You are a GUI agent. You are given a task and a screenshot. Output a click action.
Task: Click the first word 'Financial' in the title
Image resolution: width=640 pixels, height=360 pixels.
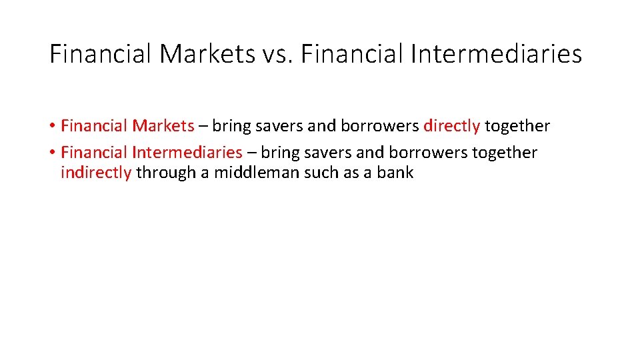click(x=101, y=54)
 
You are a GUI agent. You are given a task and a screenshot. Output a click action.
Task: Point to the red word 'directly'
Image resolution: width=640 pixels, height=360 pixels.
click(x=451, y=126)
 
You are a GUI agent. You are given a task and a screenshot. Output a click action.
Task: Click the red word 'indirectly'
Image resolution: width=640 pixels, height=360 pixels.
click(x=96, y=173)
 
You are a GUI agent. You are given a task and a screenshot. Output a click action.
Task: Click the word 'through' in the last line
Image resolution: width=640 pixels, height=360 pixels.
click(x=163, y=173)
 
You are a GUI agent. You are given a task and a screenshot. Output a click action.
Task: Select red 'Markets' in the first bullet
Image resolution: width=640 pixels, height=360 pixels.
click(x=163, y=126)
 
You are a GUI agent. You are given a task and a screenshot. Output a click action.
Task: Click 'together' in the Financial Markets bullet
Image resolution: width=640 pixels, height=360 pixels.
click(x=517, y=126)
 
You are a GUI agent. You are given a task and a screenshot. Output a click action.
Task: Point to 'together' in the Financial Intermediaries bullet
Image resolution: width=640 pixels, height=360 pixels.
click(x=505, y=153)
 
